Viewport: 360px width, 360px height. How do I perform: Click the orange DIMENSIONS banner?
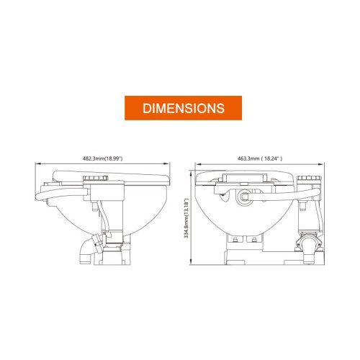[183, 108]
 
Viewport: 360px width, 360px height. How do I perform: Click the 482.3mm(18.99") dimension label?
[103, 158]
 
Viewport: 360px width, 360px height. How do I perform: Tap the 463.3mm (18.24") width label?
[260, 158]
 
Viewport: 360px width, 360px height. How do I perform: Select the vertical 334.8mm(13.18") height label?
[186, 218]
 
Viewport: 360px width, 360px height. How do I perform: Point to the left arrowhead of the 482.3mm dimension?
[38, 164]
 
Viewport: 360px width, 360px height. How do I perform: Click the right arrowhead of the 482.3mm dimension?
[167, 164]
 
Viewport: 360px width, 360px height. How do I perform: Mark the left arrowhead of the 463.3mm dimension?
[198, 164]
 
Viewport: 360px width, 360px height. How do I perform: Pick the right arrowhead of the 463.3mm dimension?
[321, 164]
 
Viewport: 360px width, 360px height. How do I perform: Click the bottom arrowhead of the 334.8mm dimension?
[191, 261]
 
